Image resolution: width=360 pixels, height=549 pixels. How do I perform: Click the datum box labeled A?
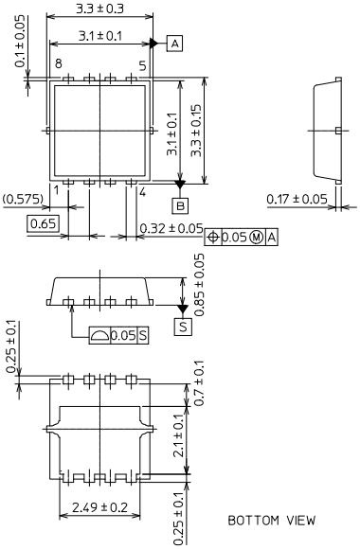pos(175,44)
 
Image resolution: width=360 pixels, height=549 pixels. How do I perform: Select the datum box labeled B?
pos(180,205)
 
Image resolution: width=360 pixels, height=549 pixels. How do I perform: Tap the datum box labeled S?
pos(183,327)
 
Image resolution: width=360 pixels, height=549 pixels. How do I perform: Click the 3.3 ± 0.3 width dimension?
pos(100,9)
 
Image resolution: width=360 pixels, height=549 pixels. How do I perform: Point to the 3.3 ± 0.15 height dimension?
pos(196,131)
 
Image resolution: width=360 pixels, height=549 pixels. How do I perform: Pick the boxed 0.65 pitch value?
pos(44,223)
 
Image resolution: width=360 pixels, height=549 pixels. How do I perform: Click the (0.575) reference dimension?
pos(23,199)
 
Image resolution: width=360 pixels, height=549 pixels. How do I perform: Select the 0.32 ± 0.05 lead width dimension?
pos(171,228)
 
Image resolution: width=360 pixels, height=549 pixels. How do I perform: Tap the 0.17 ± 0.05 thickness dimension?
pos(297,199)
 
